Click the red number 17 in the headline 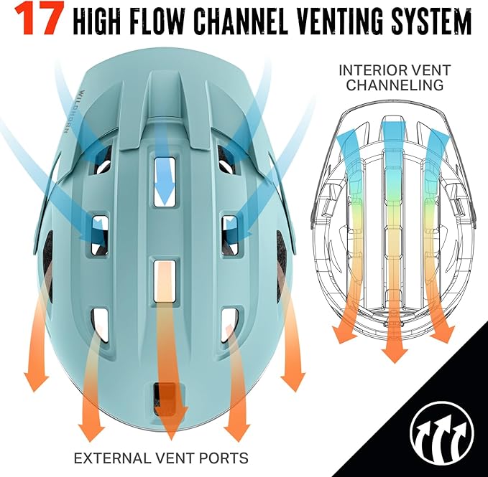pyautogui.click(x=39, y=19)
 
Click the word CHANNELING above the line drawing pyautogui.click(x=395, y=85)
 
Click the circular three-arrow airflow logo pyautogui.click(x=442, y=433)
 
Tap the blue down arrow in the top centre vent pyautogui.click(x=165, y=181)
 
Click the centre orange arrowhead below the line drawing pyautogui.click(x=395, y=354)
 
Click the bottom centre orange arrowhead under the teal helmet pyautogui.click(x=171, y=428)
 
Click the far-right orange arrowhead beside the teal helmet pyautogui.click(x=293, y=382)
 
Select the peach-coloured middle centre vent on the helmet pyautogui.click(x=165, y=281)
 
